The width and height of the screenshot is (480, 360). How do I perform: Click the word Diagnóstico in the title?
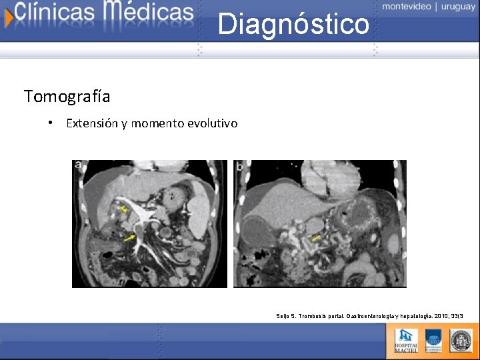coord(293,25)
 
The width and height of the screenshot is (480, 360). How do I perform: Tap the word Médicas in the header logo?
coord(148,11)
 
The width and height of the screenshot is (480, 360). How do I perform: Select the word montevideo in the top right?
coord(407,6)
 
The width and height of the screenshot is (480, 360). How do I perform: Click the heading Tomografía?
coord(67,97)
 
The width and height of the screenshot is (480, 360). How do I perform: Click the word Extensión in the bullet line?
coord(93,123)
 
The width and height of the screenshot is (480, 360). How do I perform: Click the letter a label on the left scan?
coord(79,165)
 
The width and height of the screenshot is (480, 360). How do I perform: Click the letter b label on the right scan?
coord(239,167)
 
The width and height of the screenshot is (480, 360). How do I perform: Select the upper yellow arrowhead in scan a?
coord(123,210)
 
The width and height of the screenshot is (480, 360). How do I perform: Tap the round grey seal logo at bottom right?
coord(461,340)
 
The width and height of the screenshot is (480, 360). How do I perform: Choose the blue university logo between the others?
coord(433,340)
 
